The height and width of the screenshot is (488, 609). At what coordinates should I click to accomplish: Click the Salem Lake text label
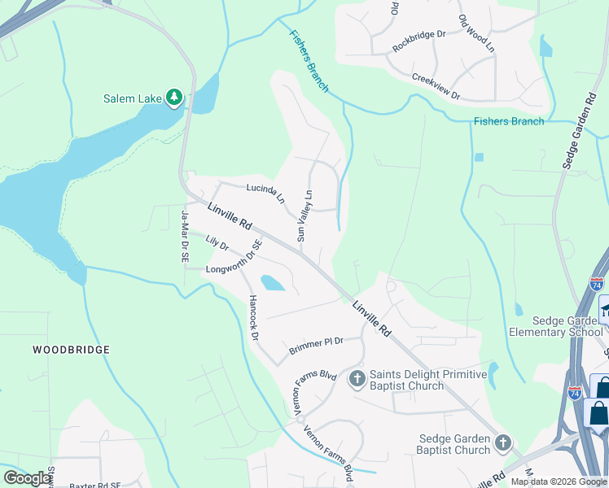[x=132, y=99]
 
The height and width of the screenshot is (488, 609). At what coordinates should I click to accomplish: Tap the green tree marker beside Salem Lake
[x=173, y=98]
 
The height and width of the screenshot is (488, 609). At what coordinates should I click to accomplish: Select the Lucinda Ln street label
[x=265, y=192]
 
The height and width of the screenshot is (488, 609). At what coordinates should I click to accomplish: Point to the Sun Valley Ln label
[x=304, y=216]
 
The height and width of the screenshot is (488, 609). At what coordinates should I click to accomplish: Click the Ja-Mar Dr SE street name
[x=185, y=236]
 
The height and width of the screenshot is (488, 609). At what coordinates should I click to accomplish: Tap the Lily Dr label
[x=217, y=242]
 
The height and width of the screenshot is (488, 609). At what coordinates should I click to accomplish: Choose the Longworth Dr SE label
[x=231, y=260]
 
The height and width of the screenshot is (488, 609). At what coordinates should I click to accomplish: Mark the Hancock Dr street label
[x=253, y=317]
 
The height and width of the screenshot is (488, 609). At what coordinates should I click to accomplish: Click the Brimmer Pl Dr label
[x=316, y=346]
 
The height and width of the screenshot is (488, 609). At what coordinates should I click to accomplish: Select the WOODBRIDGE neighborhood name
[x=71, y=350]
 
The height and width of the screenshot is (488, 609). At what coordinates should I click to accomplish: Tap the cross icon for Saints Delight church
[x=357, y=379]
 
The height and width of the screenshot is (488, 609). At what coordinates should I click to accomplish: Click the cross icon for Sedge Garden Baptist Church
[x=503, y=443]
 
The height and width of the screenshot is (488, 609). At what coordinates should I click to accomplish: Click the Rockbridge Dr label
[x=419, y=41]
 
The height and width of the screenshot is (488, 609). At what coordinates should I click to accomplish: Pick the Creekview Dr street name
[x=436, y=86]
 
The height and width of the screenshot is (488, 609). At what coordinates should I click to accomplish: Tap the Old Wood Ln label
[x=476, y=34]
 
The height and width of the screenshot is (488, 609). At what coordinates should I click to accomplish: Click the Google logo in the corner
[x=28, y=478]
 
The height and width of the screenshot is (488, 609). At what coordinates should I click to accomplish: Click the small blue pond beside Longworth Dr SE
[x=272, y=282]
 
